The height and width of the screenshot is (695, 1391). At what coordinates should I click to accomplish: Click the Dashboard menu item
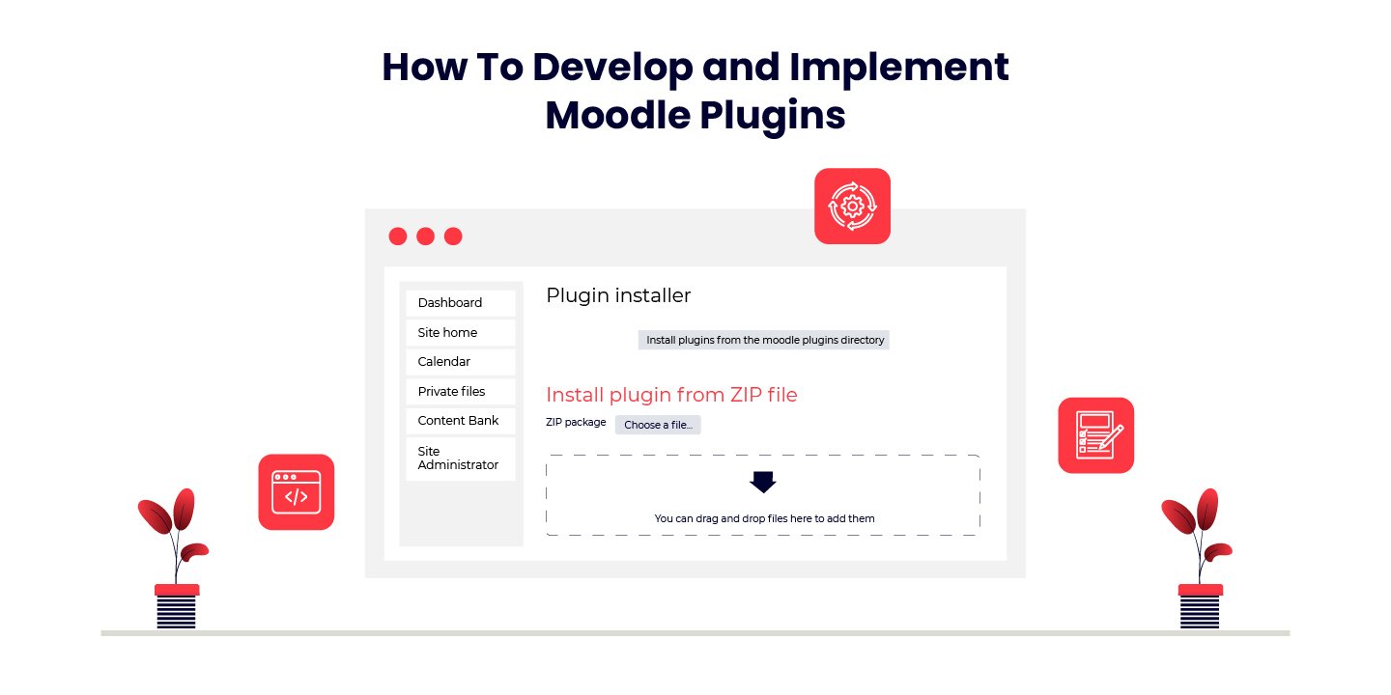click(460, 303)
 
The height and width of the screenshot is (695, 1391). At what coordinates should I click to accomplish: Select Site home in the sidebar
click(460, 333)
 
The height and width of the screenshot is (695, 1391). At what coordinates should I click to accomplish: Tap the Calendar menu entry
click(460, 362)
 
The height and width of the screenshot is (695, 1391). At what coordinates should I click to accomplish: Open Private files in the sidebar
click(460, 392)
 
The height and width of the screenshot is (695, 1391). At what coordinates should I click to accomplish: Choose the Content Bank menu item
click(460, 421)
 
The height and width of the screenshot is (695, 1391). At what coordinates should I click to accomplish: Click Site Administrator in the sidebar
click(460, 459)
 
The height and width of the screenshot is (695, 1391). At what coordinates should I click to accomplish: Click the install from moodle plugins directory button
click(764, 340)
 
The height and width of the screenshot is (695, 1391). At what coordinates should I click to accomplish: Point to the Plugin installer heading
click(618, 295)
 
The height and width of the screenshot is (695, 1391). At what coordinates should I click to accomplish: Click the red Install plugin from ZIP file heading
click(671, 395)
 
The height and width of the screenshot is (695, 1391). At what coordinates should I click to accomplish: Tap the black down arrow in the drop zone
click(763, 482)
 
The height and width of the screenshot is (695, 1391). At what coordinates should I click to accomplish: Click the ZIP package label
click(576, 423)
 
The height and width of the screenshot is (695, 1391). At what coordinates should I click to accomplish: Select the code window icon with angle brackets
click(296, 492)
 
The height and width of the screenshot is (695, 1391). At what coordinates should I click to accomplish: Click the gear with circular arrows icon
click(852, 206)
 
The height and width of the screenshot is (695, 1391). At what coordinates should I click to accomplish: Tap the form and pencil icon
click(1095, 435)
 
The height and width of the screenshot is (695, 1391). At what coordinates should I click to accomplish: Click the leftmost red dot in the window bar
click(397, 236)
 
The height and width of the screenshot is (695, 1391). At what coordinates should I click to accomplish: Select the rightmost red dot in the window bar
click(453, 236)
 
